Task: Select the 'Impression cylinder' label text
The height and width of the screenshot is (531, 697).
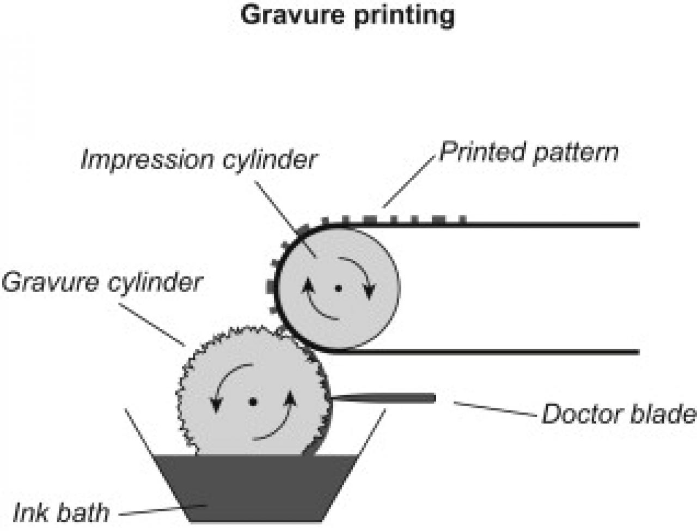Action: point(198,160)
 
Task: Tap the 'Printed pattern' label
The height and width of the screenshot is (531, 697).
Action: point(529,152)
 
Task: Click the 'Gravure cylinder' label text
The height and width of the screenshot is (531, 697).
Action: point(101,283)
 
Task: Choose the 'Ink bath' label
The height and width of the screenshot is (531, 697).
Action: point(60,512)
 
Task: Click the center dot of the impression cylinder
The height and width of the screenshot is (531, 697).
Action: point(338,288)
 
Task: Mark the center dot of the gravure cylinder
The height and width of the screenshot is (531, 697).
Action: point(252,402)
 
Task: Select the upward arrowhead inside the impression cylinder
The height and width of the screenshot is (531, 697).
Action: point(308,285)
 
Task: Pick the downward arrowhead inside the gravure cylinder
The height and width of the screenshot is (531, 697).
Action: point(216,405)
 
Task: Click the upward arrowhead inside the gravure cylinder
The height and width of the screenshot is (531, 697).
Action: point(290,397)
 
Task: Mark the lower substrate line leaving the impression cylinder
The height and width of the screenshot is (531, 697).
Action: point(490,352)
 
